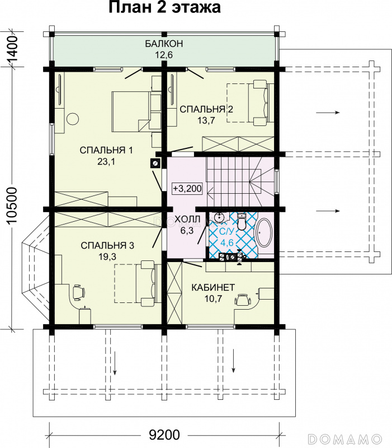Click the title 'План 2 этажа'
[164, 7]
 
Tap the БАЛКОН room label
[164, 44]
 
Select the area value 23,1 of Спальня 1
[106, 162]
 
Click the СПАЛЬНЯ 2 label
[206, 109]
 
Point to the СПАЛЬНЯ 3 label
[107, 245]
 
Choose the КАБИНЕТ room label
[213, 287]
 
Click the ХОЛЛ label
[187, 219]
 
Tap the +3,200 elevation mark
[187, 189]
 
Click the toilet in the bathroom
[242, 222]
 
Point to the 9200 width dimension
[164, 435]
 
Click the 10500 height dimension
[13, 206]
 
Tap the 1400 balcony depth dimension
[13, 48]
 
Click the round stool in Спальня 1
[73, 119]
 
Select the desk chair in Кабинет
[243, 300]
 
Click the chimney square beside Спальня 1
[155, 163]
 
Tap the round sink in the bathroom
[219, 217]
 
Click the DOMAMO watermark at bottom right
[345, 438]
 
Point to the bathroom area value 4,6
[227, 242]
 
